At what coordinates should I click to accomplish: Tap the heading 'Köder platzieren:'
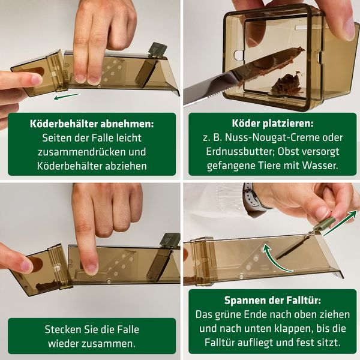(269, 124)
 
